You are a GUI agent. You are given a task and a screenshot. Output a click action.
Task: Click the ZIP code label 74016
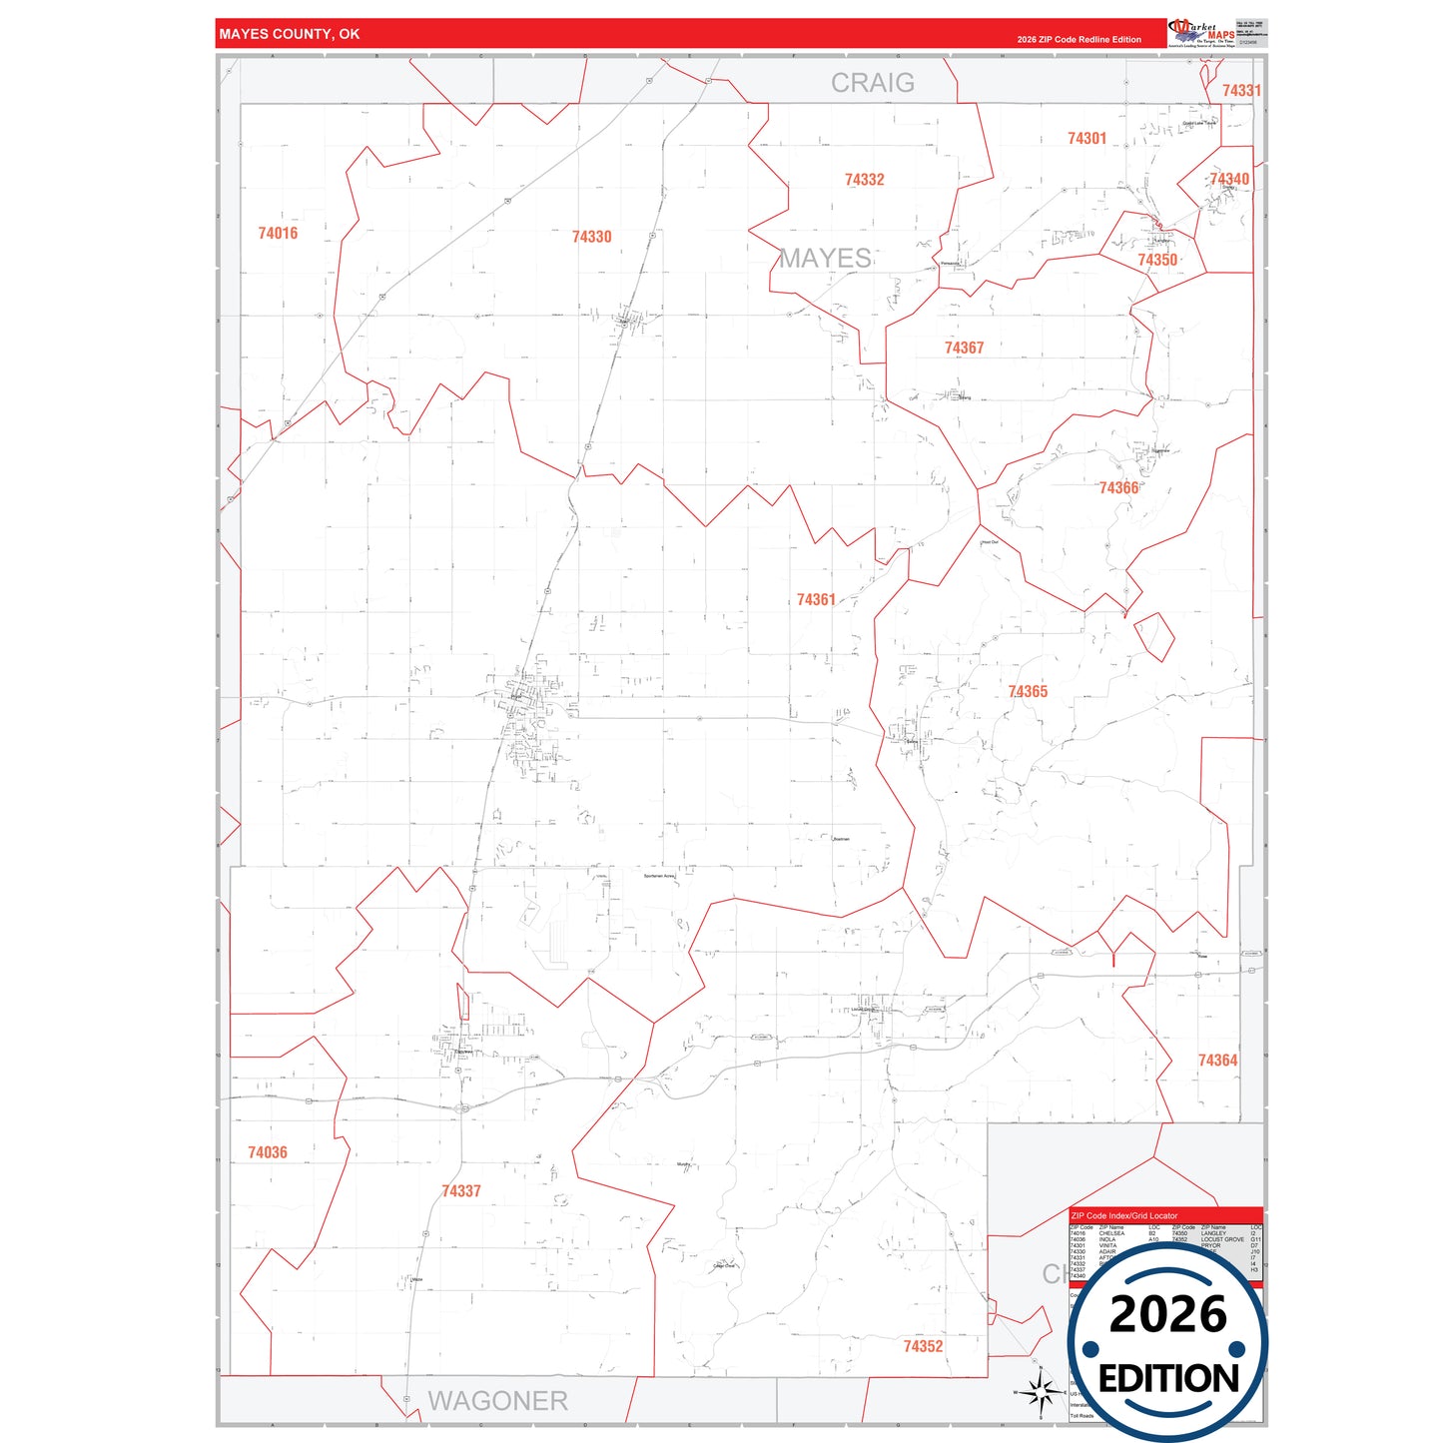click(278, 234)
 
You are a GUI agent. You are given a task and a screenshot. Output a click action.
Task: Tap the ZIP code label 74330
click(591, 238)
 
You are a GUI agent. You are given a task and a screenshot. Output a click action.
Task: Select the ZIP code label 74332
click(864, 180)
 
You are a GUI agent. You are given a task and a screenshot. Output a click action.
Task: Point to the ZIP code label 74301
click(1086, 139)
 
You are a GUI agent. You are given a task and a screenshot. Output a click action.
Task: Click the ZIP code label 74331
click(1241, 91)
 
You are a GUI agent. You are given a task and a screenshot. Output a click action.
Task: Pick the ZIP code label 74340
click(1229, 180)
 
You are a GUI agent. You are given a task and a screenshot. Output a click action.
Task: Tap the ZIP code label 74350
click(1157, 261)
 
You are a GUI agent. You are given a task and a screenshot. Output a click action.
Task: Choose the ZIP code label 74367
click(964, 349)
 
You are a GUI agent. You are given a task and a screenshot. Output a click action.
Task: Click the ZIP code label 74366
click(1118, 488)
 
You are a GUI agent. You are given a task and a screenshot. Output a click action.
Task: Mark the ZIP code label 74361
click(816, 600)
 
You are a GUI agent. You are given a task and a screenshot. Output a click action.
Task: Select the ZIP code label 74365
click(1028, 692)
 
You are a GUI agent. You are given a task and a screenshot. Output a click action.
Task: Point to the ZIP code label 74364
click(1217, 1061)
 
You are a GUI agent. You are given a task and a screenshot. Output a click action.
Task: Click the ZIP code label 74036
click(268, 1153)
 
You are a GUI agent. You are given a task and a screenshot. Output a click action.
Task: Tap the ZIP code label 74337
click(461, 1191)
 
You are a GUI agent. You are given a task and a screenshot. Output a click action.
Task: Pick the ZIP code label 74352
click(923, 1347)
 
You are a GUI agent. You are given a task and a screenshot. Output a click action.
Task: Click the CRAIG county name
click(873, 83)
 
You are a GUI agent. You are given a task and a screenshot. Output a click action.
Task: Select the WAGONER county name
click(497, 1401)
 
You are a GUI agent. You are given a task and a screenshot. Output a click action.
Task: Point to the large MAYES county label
click(826, 259)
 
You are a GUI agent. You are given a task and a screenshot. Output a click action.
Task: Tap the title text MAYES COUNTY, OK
click(290, 34)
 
